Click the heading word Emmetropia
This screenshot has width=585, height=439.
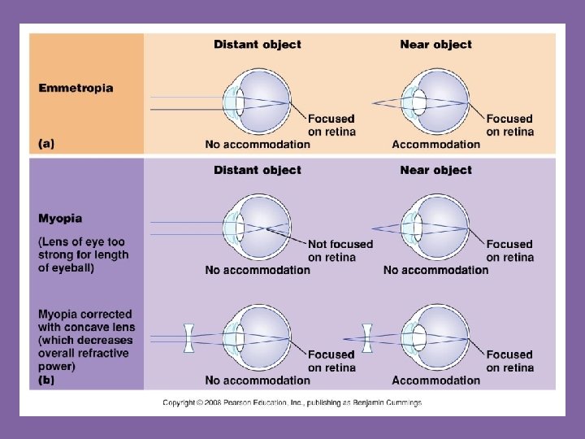coord(76,88)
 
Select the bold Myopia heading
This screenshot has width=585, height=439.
coord(60,219)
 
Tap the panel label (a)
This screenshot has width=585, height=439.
coord(46,143)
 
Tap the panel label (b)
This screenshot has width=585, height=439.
coord(46,380)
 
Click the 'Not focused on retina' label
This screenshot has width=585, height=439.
coord(340,250)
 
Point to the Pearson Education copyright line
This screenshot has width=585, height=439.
coord(292,402)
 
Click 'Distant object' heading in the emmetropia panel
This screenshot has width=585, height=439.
coord(257,45)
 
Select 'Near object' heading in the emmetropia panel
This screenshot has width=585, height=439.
coord(435,45)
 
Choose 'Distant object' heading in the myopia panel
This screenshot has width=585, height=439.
coord(257,170)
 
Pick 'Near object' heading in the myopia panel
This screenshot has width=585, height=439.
coord(435,170)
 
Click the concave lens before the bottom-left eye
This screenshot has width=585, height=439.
coord(188,338)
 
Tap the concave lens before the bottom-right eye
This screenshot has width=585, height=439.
coord(367,338)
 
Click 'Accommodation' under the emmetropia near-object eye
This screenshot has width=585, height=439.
coord(435,145)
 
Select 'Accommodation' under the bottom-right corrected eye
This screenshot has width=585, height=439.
coord(435,380)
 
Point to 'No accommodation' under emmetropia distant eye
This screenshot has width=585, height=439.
coord(258,145)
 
